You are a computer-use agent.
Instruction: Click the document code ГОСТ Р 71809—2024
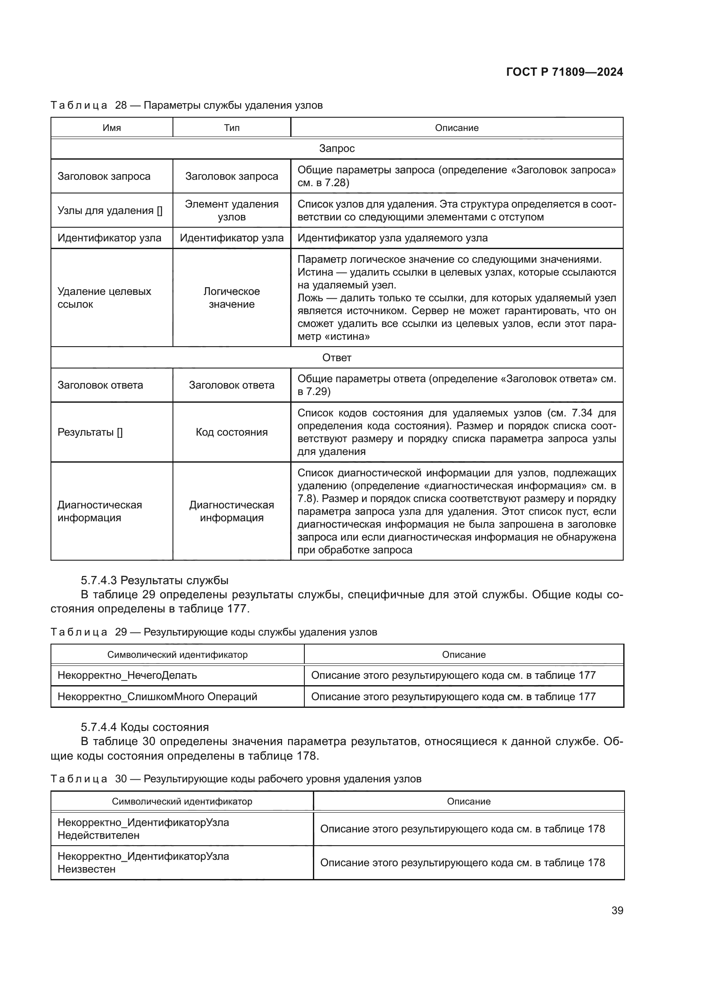tap(564, 72)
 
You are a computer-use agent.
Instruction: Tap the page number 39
tap(617, 910)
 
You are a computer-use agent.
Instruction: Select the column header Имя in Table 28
tap(112, 128)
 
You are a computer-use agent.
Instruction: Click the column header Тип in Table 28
tap(232, 128)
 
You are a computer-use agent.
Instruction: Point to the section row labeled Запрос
tap(336, 149)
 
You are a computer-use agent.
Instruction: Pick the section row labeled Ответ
tap(336, 357)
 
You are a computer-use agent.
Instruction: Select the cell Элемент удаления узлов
tap(232, 211)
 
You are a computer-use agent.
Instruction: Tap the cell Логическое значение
tap(232, 298)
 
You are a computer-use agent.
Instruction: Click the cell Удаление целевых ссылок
tap(104, 298)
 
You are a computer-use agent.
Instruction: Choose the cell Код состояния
tap(232, 432)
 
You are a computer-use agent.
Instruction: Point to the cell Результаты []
tap(90, 432)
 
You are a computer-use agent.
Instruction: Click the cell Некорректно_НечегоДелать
tap(127, 675)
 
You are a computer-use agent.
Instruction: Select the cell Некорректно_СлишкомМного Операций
tap(158, 696)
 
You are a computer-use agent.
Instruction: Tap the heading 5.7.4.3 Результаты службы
tap(155, 580)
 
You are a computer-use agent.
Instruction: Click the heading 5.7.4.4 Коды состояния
tap(145, 727)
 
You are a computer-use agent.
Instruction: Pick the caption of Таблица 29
tap(214, 632)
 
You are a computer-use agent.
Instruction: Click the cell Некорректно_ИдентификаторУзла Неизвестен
tap(143, 862)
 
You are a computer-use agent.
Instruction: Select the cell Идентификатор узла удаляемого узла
tap(393, 238)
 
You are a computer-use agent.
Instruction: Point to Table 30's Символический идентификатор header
tap(182, 801)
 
